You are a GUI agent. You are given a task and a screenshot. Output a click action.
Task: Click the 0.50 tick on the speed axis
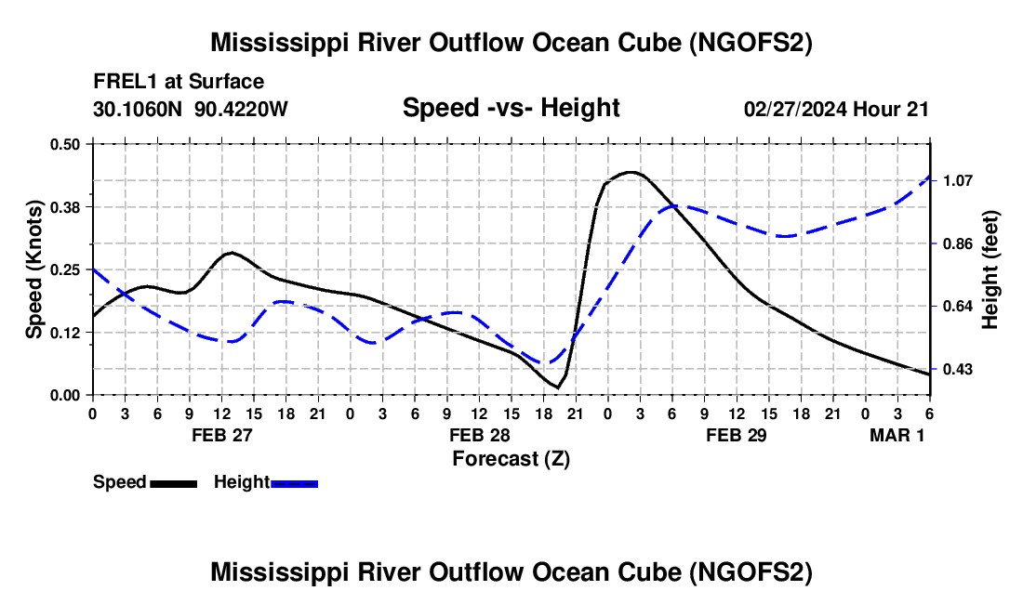[x=64, y=144]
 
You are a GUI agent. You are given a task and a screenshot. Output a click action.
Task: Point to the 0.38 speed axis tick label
[x=64, y=207]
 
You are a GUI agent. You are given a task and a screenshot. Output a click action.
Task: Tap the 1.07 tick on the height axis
[x=958, y=180]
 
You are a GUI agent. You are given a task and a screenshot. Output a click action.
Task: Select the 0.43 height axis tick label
[x=958, y=370]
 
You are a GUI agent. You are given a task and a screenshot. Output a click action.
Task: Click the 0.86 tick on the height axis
[x=958, y=243]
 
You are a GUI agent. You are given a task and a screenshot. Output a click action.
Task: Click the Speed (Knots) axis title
[x=33, y=269]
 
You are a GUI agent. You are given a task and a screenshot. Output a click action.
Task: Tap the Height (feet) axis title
[x=990, y=269]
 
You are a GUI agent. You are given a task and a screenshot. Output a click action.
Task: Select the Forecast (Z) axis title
[x=511, y=459]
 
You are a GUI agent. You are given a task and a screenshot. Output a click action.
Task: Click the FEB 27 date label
[x=222, y=435]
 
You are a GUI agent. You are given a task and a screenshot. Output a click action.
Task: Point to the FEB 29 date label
[x=736, y=435]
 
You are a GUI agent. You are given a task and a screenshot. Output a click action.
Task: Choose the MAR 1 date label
[x=897, y=435]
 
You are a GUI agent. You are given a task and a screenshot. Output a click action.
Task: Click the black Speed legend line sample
[x=174, y=483]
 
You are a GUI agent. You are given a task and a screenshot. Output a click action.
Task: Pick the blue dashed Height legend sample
[x=294, y=483]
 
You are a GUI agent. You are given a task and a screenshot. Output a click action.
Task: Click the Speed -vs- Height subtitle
[x=511, y=108]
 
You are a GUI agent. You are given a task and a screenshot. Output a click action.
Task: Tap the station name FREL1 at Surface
[x=179, y=82]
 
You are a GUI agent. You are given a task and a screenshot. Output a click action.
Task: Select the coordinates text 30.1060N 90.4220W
[x=190, y=109]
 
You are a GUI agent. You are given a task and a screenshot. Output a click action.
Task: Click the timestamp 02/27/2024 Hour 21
[x=836, y=109]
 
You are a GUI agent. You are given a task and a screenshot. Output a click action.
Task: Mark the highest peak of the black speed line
[x=631, y=172]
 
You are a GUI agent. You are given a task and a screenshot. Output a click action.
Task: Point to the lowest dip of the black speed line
[x=557, y=387]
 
